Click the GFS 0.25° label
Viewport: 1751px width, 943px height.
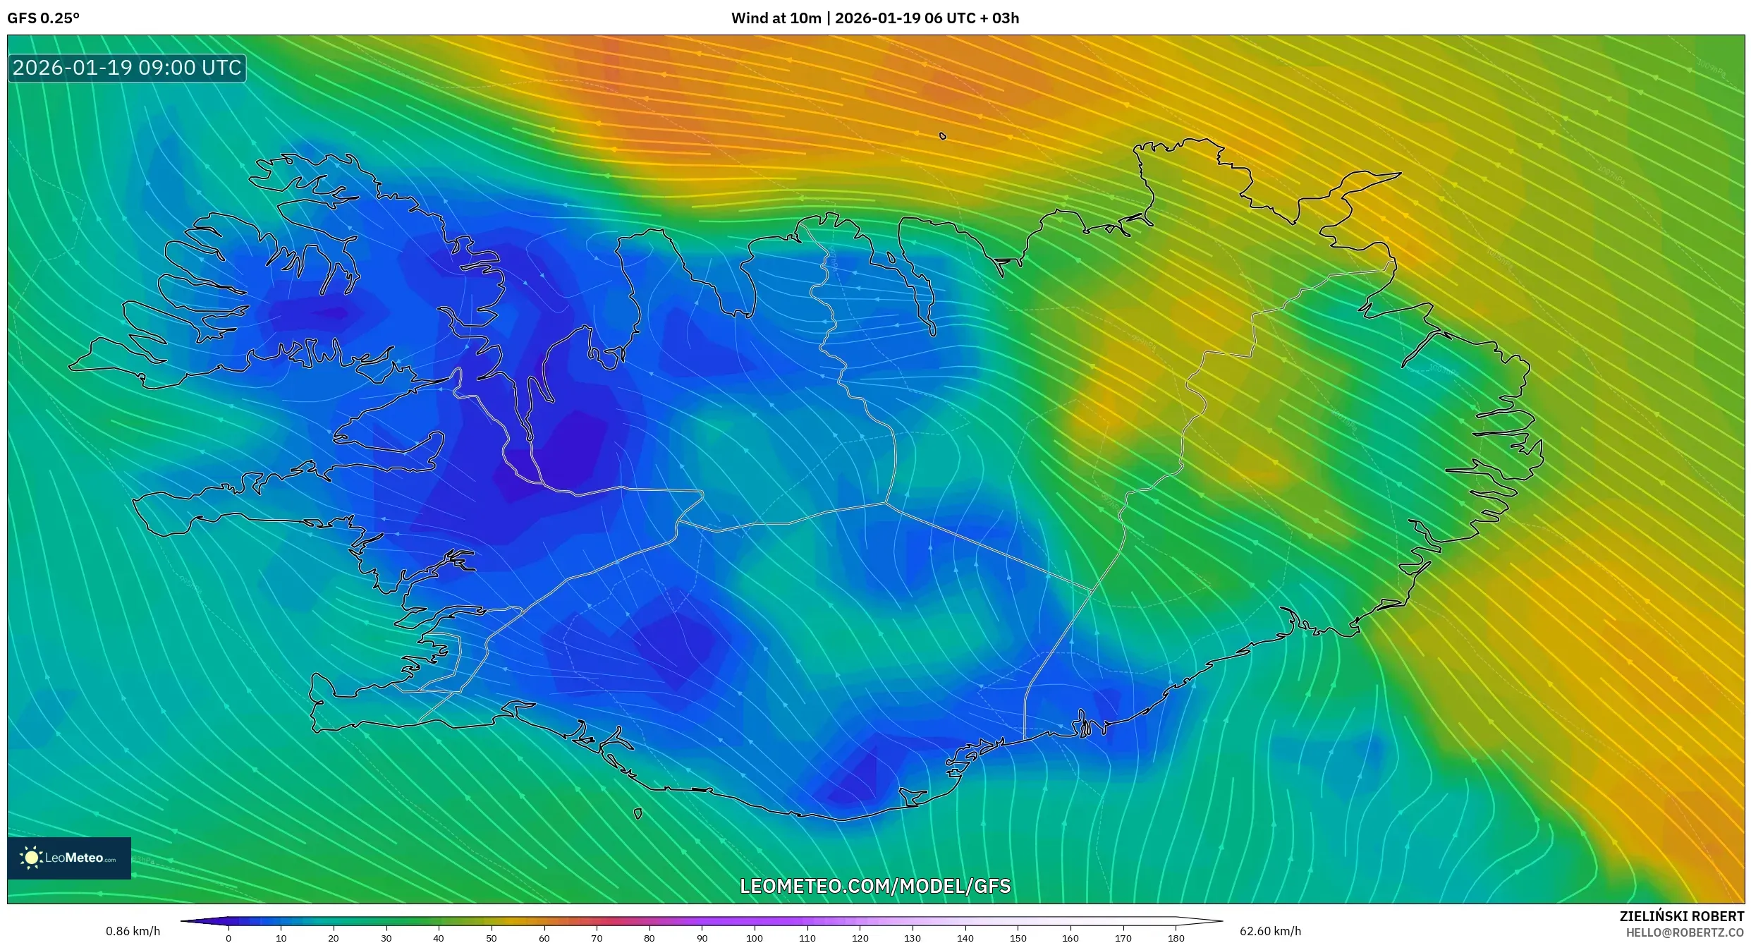(x=43, y=18)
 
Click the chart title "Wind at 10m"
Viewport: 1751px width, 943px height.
(x=776, y=18)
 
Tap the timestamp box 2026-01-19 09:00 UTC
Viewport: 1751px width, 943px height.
(x=127, y=68)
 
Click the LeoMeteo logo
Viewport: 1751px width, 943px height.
(x=69, y=858)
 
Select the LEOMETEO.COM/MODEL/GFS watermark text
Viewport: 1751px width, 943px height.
(x=875, y=886)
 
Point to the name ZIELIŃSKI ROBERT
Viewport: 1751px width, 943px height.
(x=1681, y=916)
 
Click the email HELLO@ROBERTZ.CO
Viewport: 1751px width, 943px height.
(x=1685, y=932)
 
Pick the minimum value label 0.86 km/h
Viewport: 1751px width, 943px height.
(x=133, y=931)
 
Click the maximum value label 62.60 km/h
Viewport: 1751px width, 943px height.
(x=1270, y=931)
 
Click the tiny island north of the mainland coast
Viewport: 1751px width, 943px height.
(x=943, y=136)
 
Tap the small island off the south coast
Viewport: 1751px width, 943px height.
(x=638, y=814)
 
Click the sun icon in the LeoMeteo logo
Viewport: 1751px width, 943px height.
(x=31, y=858)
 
